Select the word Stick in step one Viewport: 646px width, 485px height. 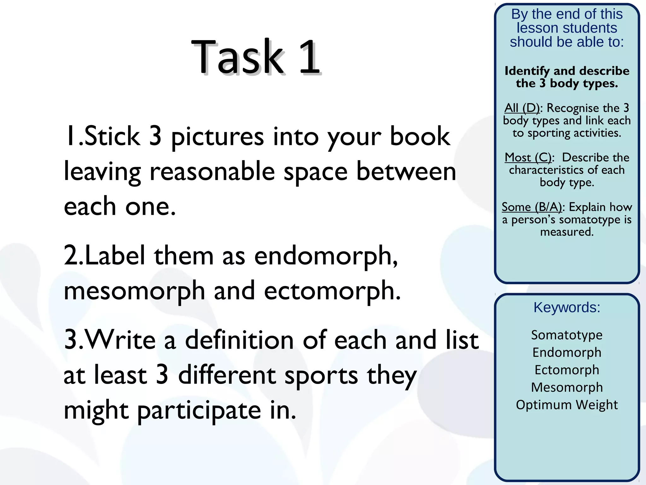(x=112, y=136)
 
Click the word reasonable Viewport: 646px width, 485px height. (x=212, y=172)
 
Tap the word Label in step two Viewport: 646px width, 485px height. (x=115, y=256)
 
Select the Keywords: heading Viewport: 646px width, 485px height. (x=567, y=307)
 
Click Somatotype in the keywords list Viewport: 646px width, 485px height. (x=567, y=335)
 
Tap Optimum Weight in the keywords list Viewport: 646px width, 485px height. (x=567, y=405)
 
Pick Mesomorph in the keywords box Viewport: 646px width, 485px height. (x=567, y=387)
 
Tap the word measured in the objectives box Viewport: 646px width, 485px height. (x=567, y=232)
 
